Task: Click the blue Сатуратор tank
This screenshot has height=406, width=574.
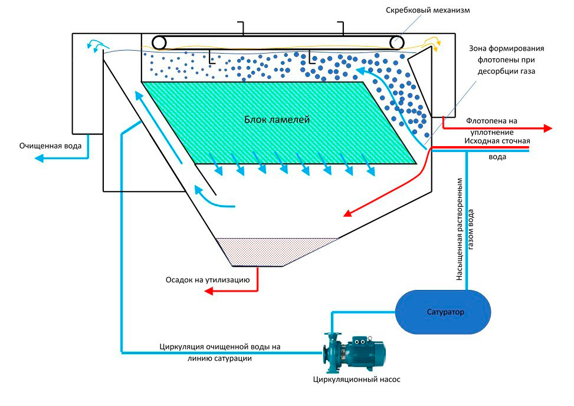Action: [x=442, y=311]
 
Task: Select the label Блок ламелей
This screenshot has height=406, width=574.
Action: [x=277, y=119]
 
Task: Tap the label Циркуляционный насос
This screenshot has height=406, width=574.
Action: [x=356, y=379]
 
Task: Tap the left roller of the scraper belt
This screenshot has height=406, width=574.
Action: [x=159, y=42]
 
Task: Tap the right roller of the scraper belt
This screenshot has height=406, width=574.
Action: [x=396, y=43]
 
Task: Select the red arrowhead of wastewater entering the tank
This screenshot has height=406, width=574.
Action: [x=347, y=213]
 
